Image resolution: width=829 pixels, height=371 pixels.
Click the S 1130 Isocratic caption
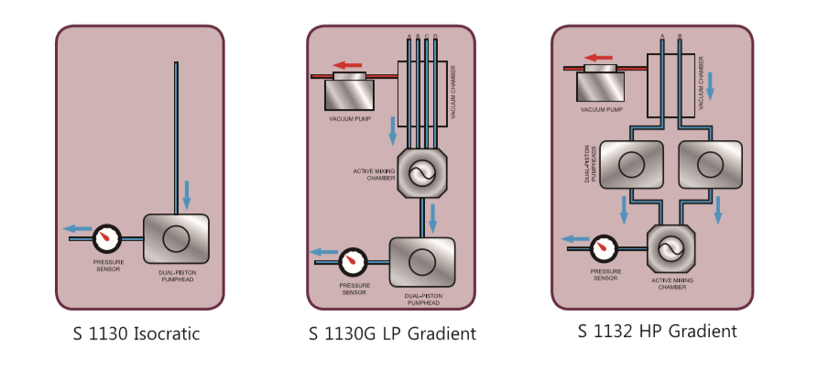point(136,334)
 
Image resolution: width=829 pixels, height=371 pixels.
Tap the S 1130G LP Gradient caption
point(392,334)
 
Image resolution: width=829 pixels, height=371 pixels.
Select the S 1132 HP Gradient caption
point(657,331)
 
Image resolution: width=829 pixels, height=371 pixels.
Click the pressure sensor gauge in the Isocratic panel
point(108,237)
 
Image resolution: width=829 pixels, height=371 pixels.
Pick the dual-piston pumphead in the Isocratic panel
point(175,239)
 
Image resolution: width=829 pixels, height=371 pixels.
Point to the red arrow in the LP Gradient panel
point(349,64)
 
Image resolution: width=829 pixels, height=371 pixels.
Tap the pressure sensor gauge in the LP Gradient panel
point(354,262)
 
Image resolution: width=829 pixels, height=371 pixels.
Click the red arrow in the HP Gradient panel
point(598,58)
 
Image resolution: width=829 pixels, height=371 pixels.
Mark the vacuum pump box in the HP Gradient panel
point(601,85)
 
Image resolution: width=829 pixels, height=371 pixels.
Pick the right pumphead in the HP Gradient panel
point(708,164)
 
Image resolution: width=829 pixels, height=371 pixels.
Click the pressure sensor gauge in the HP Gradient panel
point(604,247)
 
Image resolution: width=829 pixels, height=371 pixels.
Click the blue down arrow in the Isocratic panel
point(187,193)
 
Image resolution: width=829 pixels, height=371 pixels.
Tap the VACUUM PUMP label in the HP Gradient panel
point(602,110)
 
